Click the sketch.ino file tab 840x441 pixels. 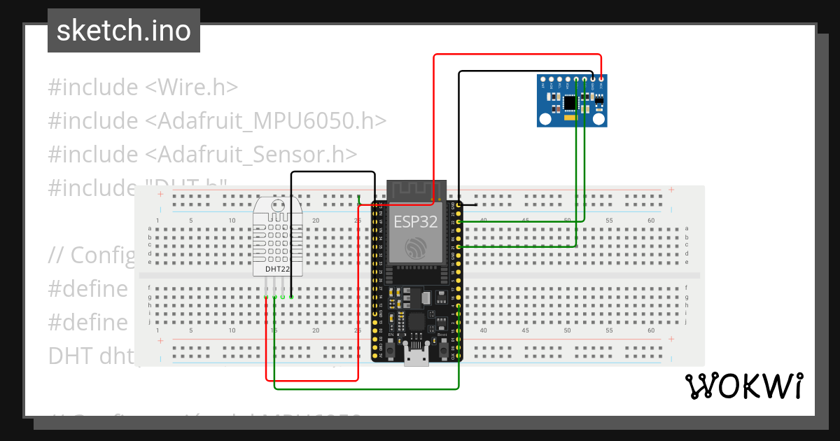click(124, 31)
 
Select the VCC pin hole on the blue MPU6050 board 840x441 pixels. click(601, 80)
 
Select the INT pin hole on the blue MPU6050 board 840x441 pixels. click(543, 80)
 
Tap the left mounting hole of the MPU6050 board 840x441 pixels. click(545, 120)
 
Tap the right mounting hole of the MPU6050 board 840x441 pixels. click(599, 120)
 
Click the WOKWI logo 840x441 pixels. click(743, 386)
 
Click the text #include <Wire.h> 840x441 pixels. click(143, 87)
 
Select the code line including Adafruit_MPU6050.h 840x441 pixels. click(217, 120)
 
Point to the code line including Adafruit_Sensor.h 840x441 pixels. click(202, 154)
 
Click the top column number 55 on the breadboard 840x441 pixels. click(609, 220)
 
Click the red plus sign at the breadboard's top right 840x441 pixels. click(671, 190)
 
